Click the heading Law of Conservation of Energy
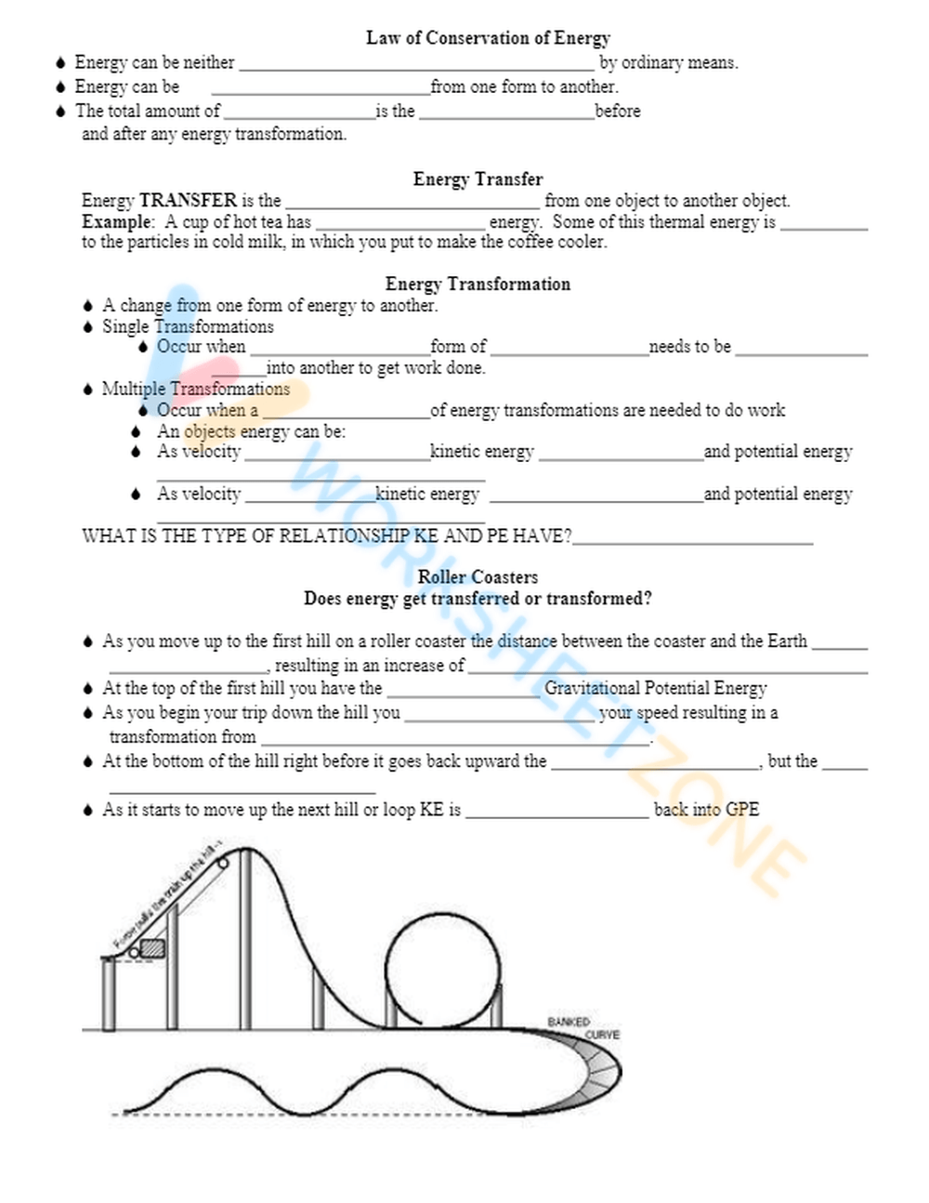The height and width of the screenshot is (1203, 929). (x=488, y=38)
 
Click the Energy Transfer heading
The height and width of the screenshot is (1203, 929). (x=478, y=178)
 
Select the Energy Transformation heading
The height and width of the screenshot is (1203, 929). (x=478, y=284)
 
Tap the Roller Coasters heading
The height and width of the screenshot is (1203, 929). (x=478, y=576)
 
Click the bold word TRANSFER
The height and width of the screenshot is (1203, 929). (x=188, y=200)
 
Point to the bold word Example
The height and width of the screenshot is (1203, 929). (x=116, y=221)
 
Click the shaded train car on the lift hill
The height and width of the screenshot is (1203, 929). (x=151, y=948)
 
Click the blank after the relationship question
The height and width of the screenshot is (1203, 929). (x=693, y=539)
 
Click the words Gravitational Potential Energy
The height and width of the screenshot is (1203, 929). (x=655, y=688)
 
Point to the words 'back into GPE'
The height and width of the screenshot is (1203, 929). (x=706, y=809)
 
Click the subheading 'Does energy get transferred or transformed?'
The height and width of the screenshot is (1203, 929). (x=478, y=599)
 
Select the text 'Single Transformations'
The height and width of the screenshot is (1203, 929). (x=188, y=326)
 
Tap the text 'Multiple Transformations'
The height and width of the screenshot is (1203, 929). (x=195, y=389)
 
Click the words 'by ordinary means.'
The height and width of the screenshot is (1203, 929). (x=668, y=62)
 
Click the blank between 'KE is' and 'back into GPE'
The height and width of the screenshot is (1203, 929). (x=556, y=813)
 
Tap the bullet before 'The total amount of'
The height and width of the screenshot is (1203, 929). (x=61, y=111)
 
